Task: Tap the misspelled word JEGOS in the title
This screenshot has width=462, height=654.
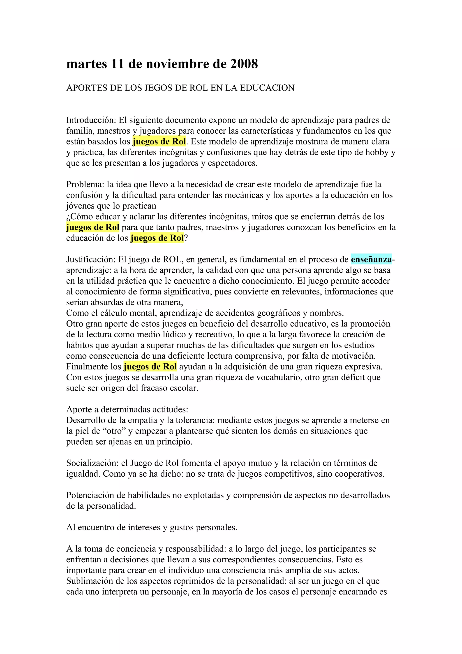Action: pyautogui.click(x=158, y=88)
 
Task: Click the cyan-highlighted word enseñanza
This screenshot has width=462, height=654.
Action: pyautogui.click(x=371, y=259)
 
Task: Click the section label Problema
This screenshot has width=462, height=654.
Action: pyautogui.click(x=85, y=184)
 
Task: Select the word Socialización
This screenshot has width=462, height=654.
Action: pyautogui.click(x=92, y=463)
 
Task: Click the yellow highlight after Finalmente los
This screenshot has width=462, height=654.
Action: pyautogui.click(x=150, y=366)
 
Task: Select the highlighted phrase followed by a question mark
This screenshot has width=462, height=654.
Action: pyautogui.click(x=157, y=238)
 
